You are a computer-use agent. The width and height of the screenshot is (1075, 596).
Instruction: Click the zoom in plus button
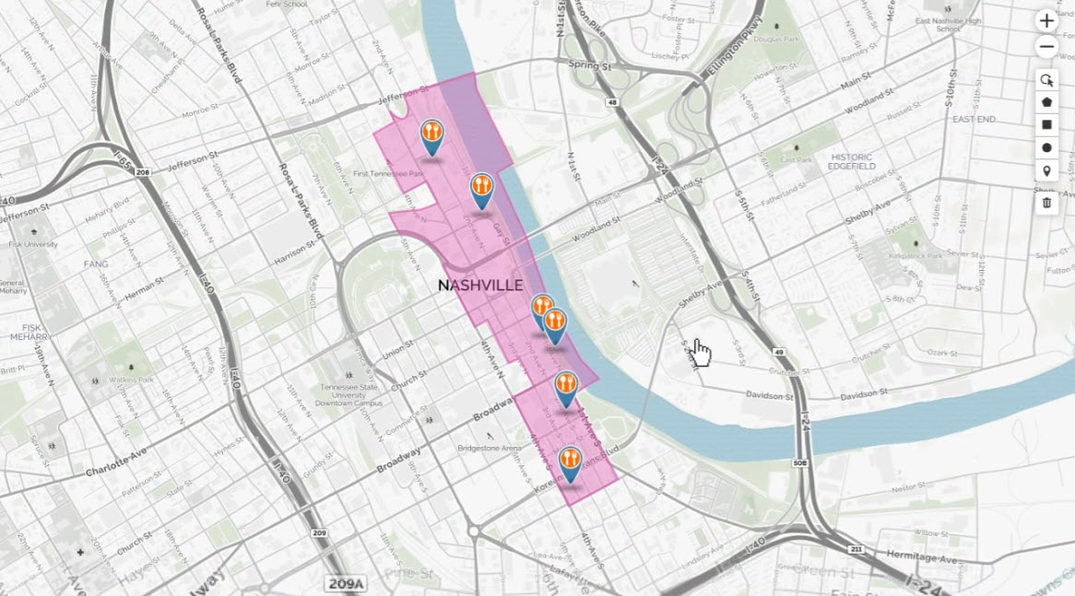tap(1046, 20)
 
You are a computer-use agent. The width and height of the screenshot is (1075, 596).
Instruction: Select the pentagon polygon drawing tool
tap(1046, 101)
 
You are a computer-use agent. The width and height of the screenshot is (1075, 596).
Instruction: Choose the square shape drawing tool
tap(1046, 124)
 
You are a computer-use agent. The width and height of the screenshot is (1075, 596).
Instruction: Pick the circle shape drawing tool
tap(1046, 147)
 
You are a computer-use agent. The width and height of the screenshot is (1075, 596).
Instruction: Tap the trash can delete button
tap(1046, 202)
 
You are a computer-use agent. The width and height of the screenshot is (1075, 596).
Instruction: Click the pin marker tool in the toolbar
tap(1046, 171)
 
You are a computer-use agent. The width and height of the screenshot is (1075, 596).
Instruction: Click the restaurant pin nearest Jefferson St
tap(431, 135)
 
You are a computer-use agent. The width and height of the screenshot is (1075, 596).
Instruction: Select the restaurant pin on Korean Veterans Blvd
tap(571, 462)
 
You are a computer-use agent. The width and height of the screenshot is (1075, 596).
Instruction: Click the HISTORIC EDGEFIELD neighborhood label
tap(852, 160)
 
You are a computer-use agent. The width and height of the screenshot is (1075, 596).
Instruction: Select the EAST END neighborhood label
tap(974, 120)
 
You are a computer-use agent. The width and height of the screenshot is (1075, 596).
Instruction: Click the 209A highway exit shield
tap(346, 583)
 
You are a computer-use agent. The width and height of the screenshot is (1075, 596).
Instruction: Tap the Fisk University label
tap(32, 244)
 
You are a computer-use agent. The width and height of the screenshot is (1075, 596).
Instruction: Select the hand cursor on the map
tap(701, 352)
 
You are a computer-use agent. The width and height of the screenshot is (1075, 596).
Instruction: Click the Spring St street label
tap(590, 66)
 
